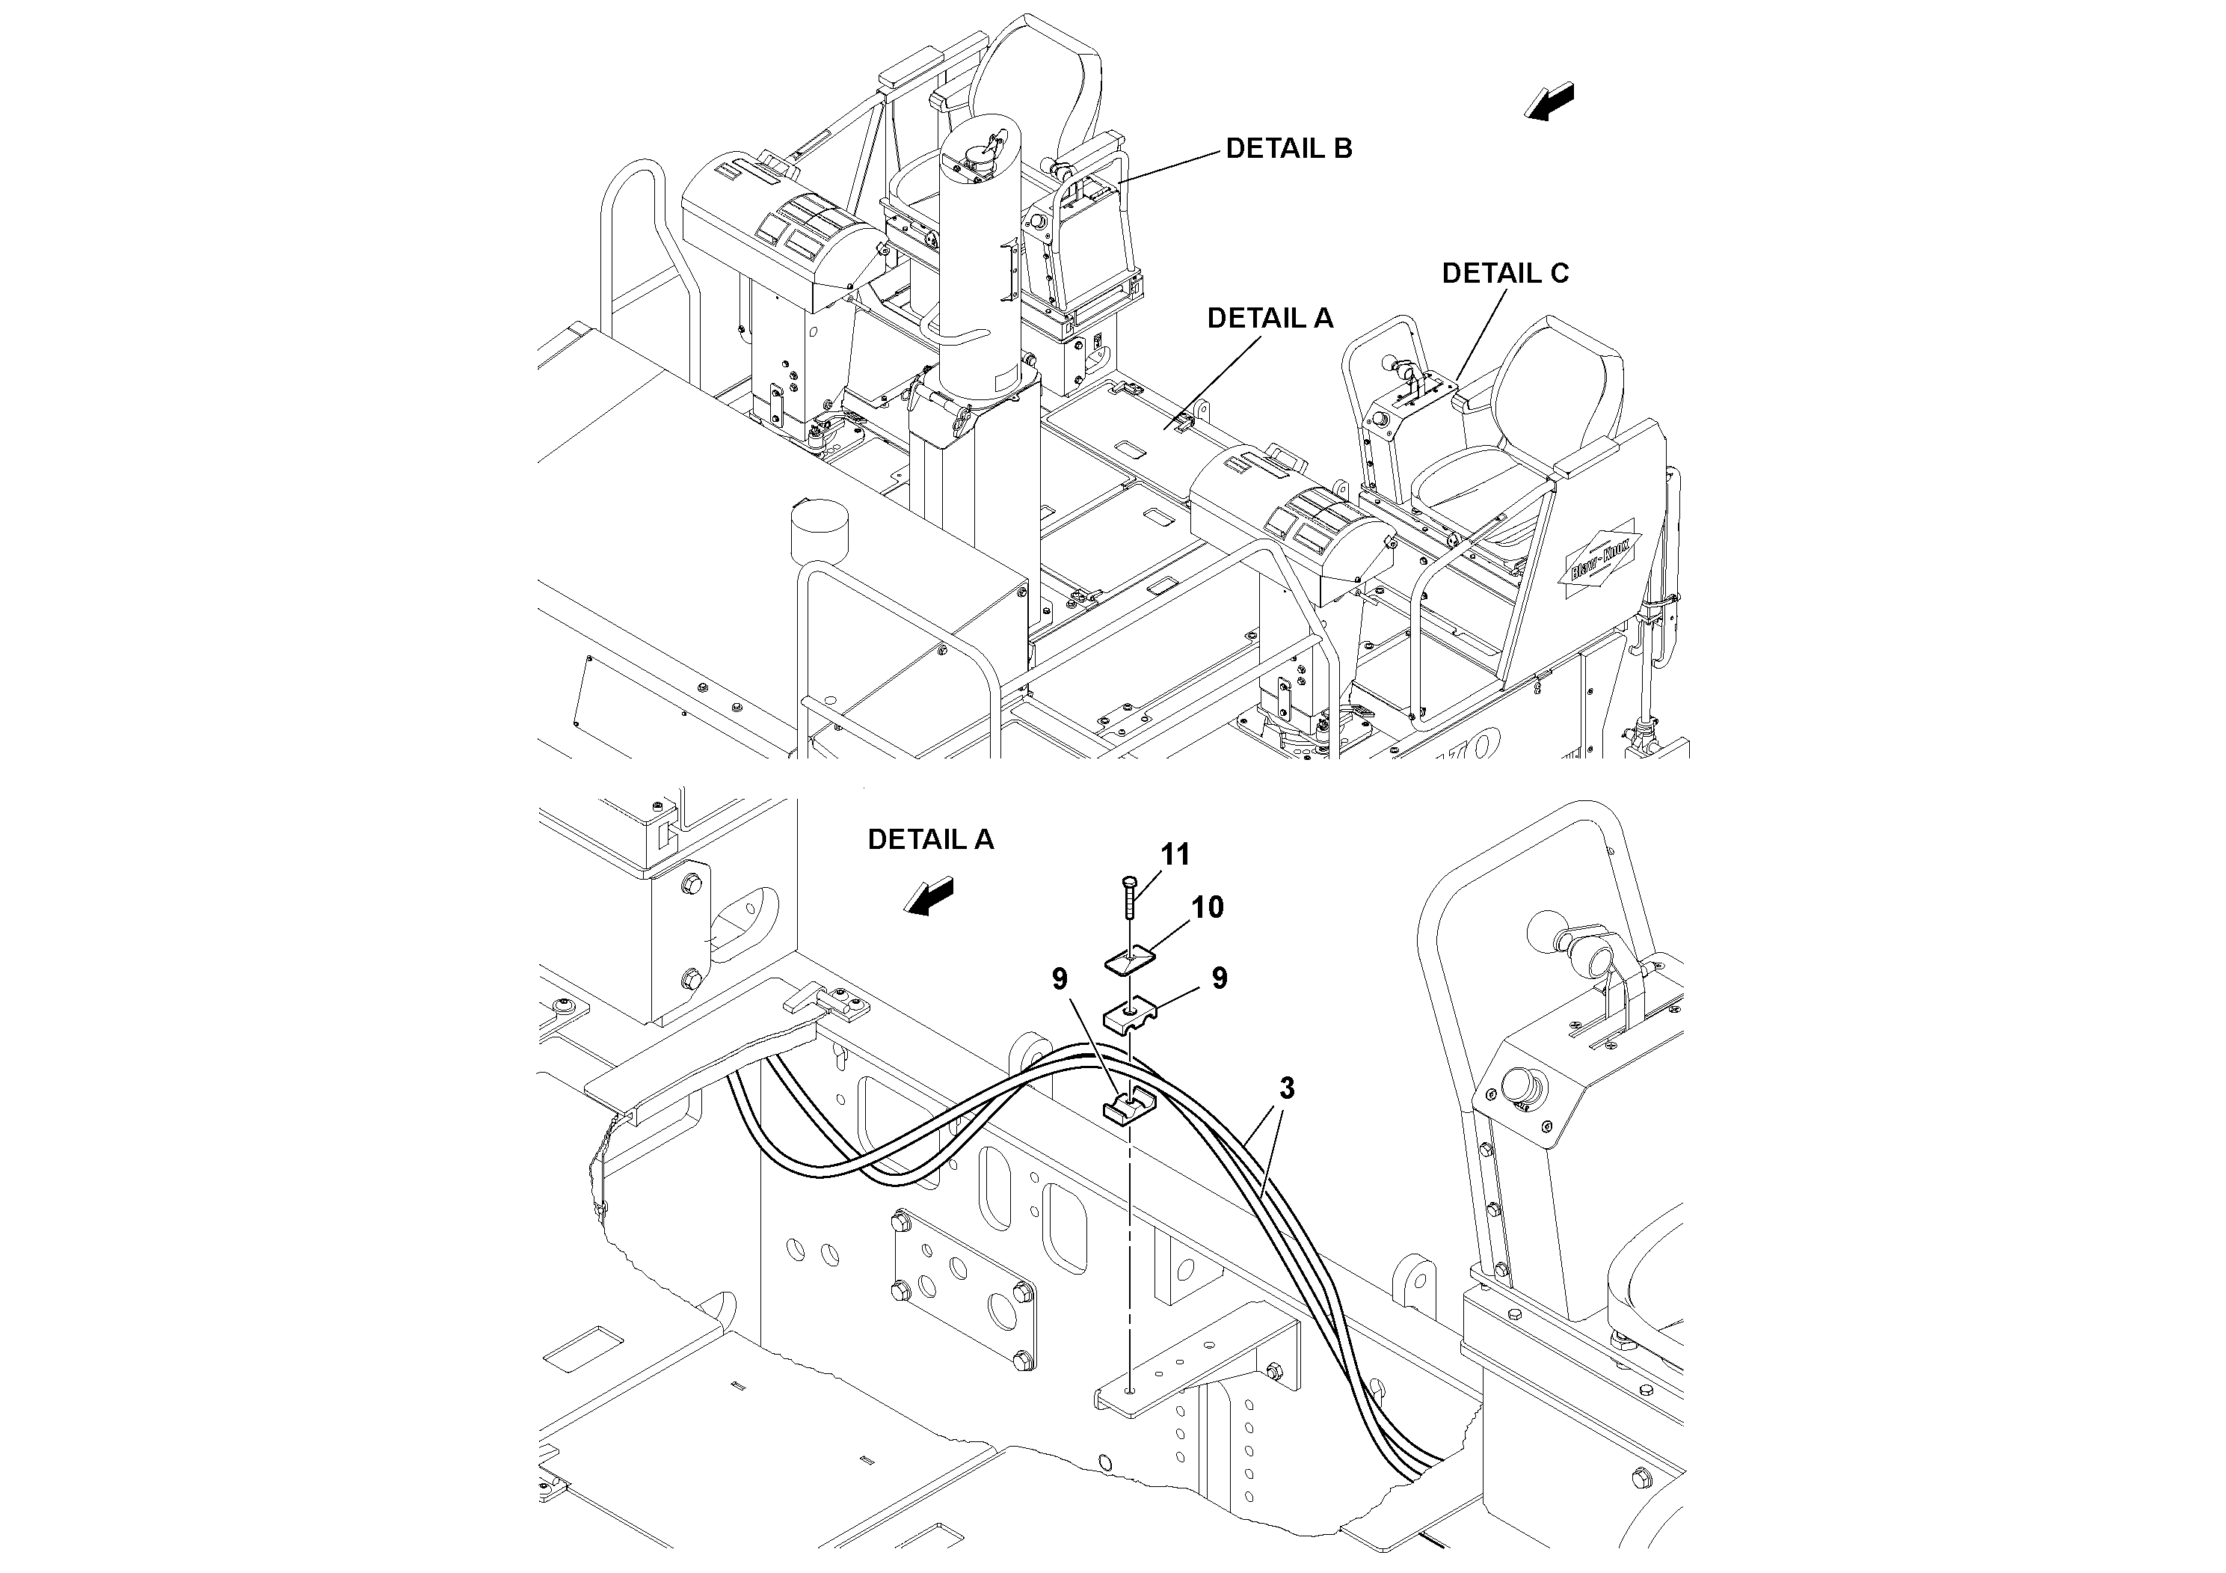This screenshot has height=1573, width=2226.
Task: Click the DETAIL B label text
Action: [x=1288, y=148]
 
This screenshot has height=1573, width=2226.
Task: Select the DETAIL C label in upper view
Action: [x=1504, y=274]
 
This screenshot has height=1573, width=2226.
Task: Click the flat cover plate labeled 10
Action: [x=1130, y=961]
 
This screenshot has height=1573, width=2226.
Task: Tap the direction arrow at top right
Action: [x=1549, y=101]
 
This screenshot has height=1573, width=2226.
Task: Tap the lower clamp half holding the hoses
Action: [x=1128, y=1109]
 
